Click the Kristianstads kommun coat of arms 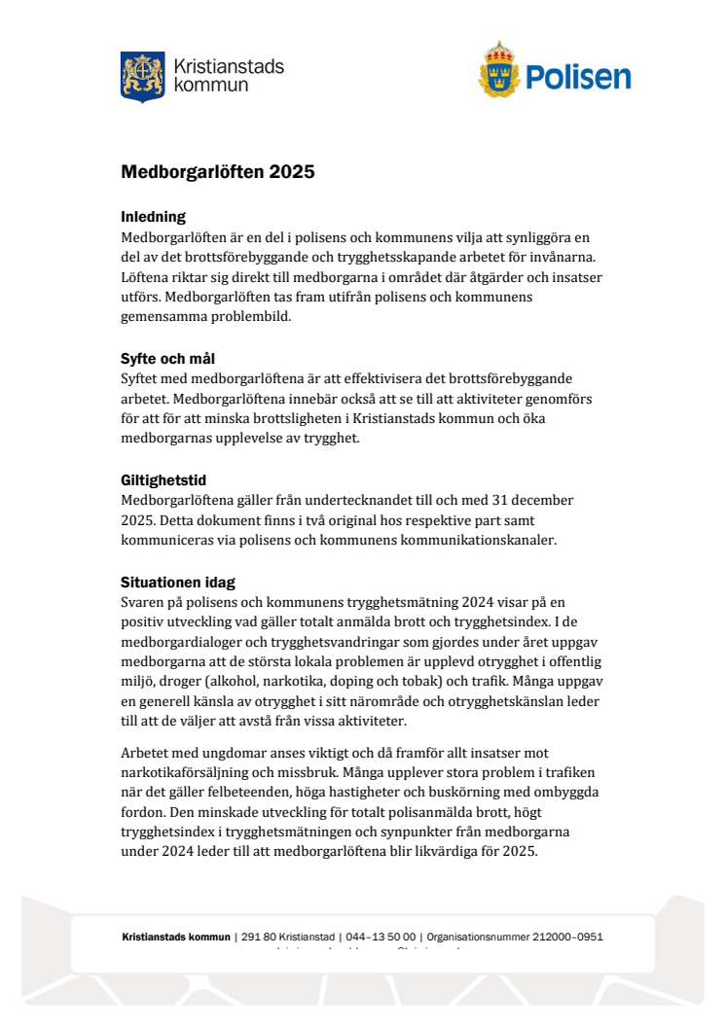[x=142, y=77]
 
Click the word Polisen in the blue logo [x=579, y=78]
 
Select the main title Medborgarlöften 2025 [x=218, y=172]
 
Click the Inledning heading [x=153, y=216]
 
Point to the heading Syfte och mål [x=167, y=358]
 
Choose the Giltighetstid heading [x=163, y=480]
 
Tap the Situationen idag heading [x=178, y=583]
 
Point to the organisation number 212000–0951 [x=568, y=938]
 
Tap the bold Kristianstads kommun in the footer [x=176, y=938]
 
